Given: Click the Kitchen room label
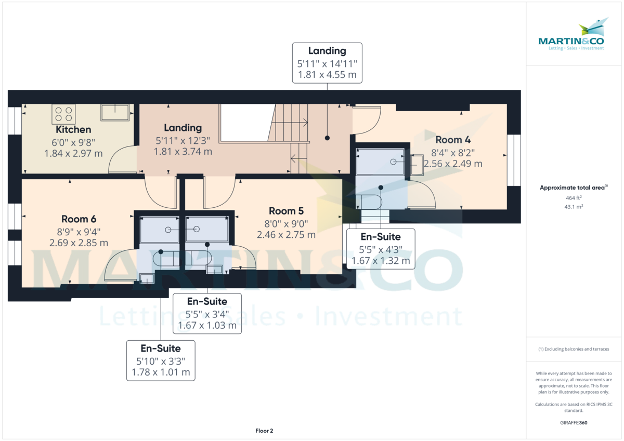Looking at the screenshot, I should [73, 130].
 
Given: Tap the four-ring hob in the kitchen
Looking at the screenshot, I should [63, 114].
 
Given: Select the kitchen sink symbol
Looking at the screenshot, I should [115, 112].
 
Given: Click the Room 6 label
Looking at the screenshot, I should [79, 219].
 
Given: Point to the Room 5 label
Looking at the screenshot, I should [286, 211].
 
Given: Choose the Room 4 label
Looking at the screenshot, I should [452, 140].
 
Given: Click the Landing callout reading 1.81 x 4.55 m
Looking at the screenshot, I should [327, 63].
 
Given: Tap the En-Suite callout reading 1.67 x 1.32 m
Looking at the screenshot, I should [381, 249].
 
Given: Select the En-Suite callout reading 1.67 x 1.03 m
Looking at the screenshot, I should [207, 314].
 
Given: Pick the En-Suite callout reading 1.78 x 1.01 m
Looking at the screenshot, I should [161, 360].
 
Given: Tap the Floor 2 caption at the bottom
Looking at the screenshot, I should [264, 431].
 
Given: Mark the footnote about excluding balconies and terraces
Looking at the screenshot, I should [574, 349].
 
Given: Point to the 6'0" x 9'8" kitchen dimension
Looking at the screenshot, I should [73, 142].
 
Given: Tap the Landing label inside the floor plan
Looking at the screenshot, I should [183, 128].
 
